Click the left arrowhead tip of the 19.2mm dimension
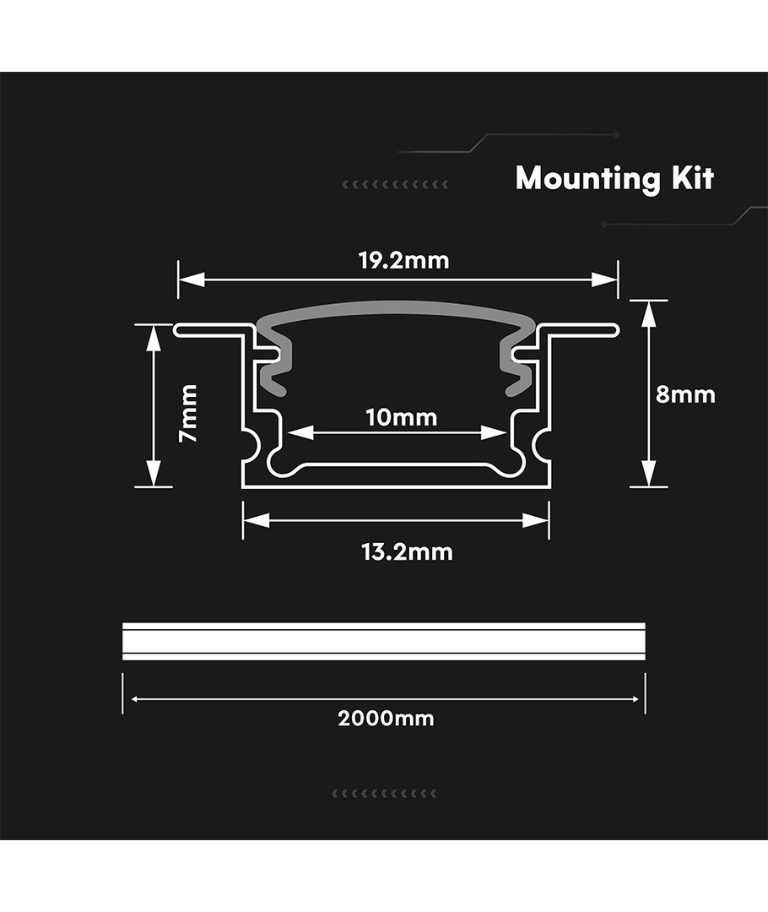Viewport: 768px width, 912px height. point(179,280)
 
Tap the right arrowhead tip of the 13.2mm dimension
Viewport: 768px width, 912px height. point(549,520)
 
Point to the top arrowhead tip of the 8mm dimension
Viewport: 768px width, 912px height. point(648,301)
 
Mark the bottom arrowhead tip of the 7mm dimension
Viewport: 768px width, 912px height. point(154,486)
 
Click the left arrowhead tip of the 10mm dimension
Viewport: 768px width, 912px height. point(288,432)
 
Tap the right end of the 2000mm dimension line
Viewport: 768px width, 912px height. point(639,698)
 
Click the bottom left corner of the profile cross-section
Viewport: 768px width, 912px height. point(242,487)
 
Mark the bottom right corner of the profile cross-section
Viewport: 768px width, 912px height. point(549,487)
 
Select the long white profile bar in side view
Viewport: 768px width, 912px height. point(384,642)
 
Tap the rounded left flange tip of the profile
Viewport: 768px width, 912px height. point(176,330)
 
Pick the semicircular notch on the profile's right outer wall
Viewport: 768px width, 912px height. point(541,444)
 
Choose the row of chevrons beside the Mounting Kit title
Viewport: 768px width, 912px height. point(395,184)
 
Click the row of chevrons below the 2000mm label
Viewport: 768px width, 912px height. point(384,793)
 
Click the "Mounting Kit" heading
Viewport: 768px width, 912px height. point(614,178)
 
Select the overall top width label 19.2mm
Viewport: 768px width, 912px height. point(403,261)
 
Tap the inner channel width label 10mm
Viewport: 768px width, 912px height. point(401,418)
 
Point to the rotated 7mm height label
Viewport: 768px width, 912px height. point(189,413)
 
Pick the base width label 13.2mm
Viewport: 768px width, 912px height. point(407,552)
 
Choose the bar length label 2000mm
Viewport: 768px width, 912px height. point(386,719)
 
